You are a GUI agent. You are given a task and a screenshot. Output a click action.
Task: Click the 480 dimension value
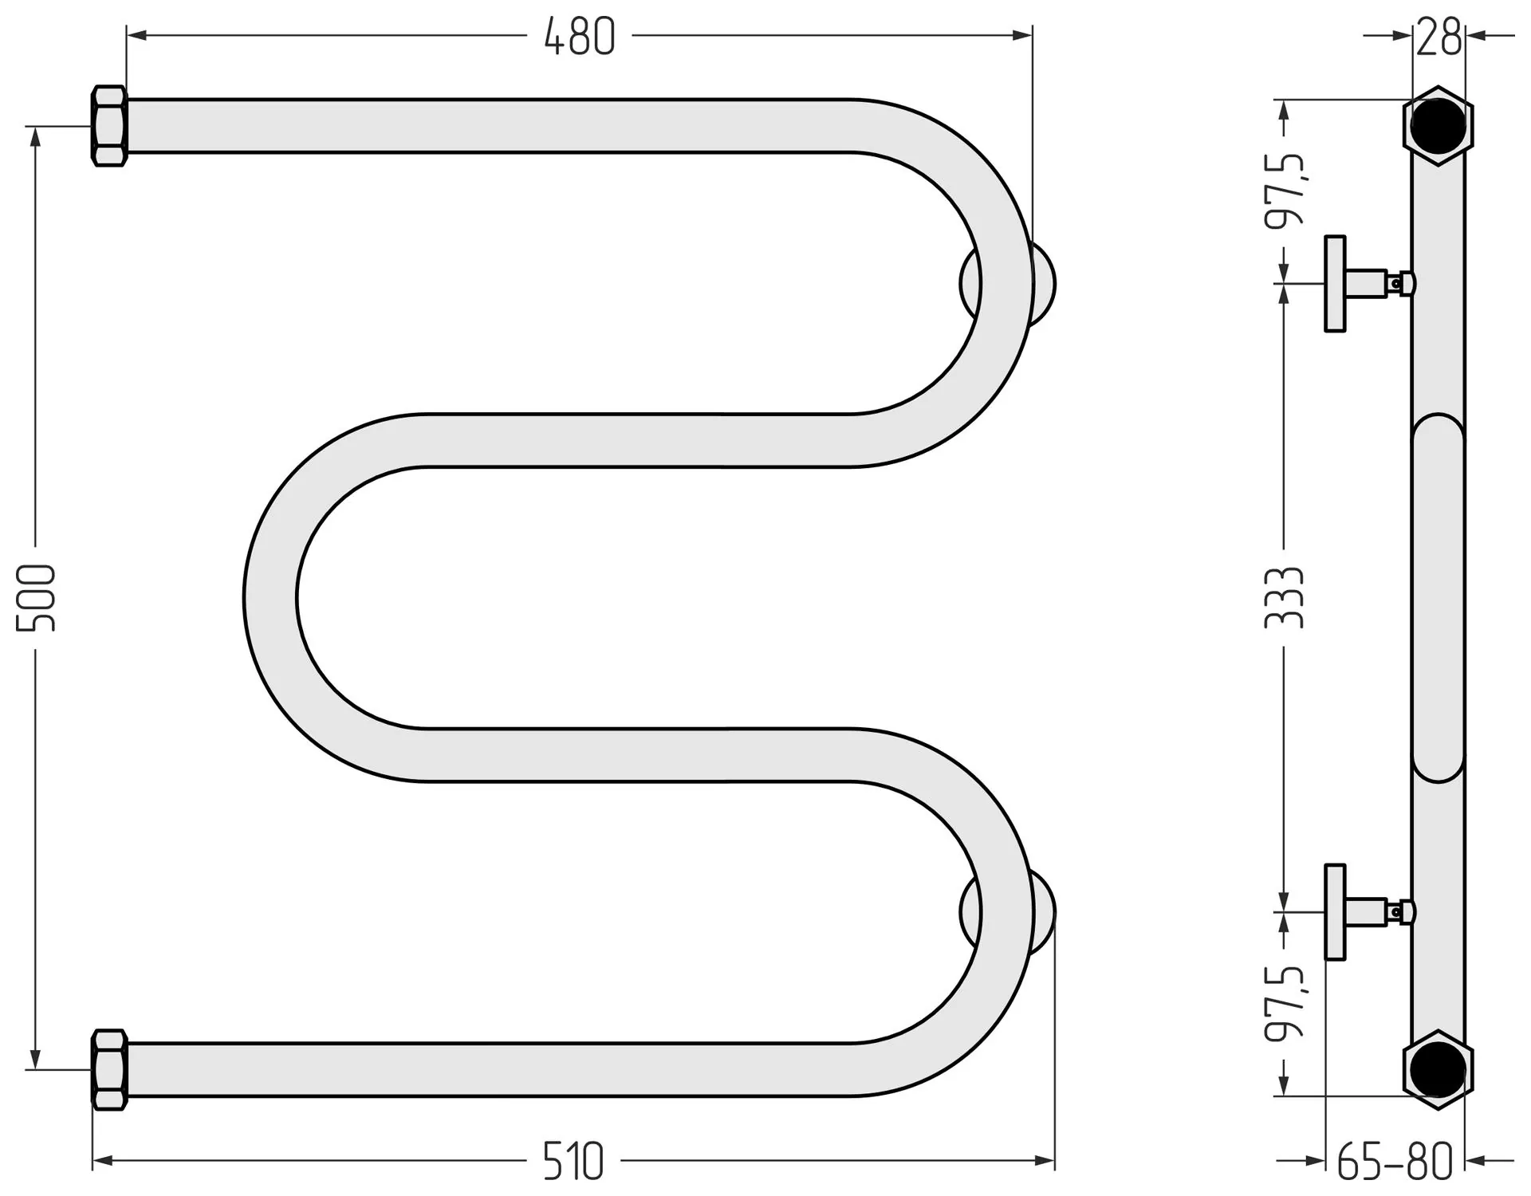(580, 37)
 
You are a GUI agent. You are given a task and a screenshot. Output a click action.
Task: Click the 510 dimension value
(573, 1161)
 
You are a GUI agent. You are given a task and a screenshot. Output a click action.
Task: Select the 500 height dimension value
(37, 597)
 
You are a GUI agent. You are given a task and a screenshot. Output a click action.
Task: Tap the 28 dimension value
(1439, 37)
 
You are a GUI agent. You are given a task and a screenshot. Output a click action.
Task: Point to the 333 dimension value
(1284, 597)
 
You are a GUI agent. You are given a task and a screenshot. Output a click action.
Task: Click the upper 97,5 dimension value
(1285, 191)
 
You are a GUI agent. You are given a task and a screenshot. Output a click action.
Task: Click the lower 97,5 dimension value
(1285, 1003)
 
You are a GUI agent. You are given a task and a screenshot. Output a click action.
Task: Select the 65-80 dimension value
(1395, 1163)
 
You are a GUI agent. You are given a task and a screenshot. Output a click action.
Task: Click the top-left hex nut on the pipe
(109, 126)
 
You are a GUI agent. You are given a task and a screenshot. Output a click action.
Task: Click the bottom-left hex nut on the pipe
(109, 1070)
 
